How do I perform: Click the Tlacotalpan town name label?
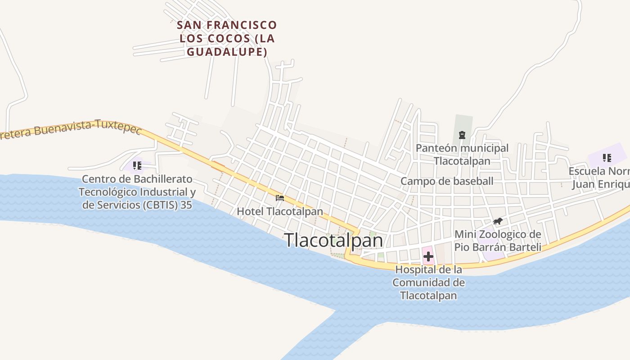coord(333,240)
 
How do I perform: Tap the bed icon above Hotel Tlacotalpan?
coord(280,198)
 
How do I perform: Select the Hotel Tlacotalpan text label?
coord(280,211)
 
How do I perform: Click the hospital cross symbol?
coord(428,257)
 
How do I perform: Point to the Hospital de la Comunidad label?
coord(428,283)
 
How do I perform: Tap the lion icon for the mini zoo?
coord(497,221)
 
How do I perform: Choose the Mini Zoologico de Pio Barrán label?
coord(498,241)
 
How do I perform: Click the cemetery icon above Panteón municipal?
coord(462,135)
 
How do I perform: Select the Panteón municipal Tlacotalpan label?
coord(462,154)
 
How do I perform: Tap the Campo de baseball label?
coord(447,181)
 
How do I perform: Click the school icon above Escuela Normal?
coord(607,158)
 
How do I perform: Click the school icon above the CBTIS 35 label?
coord(137,166)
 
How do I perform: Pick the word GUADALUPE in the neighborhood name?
coord(227,52)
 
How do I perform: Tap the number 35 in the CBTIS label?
coord(185,205)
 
